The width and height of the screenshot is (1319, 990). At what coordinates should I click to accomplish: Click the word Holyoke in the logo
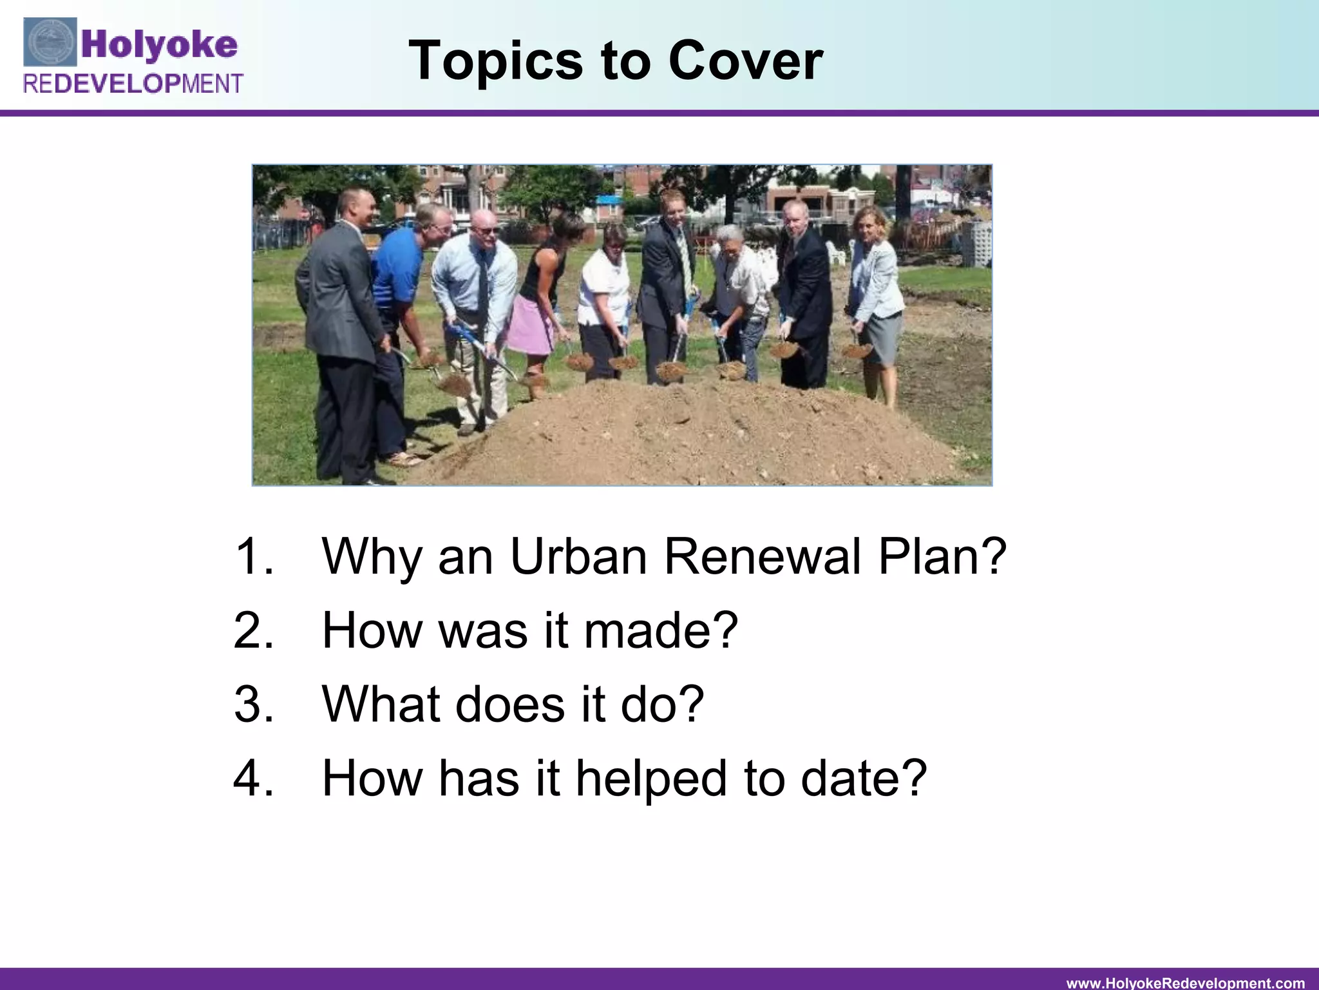click(160, 44)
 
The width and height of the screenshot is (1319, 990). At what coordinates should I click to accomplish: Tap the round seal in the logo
click(50, 43)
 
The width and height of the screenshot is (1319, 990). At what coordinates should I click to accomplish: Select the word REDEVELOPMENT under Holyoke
click(133, 84)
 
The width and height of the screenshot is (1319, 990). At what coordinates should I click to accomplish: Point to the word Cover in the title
click(745, 61)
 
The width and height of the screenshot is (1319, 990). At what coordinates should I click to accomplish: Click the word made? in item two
click(660, 630)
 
